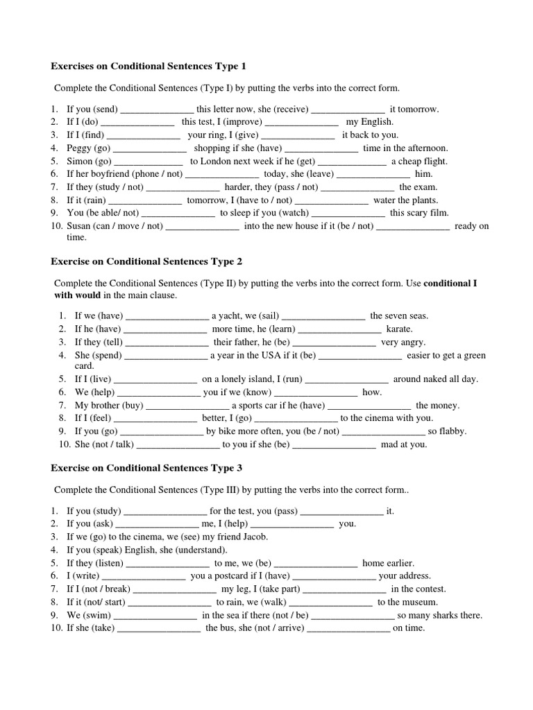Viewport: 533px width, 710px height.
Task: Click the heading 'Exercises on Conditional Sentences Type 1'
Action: pos(149,67)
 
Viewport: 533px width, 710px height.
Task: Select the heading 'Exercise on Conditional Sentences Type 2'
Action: pos(146,261)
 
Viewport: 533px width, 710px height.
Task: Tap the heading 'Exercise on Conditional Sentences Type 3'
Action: pos(146,468)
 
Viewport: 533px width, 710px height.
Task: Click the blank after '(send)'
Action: pos(158,110)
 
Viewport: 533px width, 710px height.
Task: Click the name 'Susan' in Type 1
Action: pos(79,226)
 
